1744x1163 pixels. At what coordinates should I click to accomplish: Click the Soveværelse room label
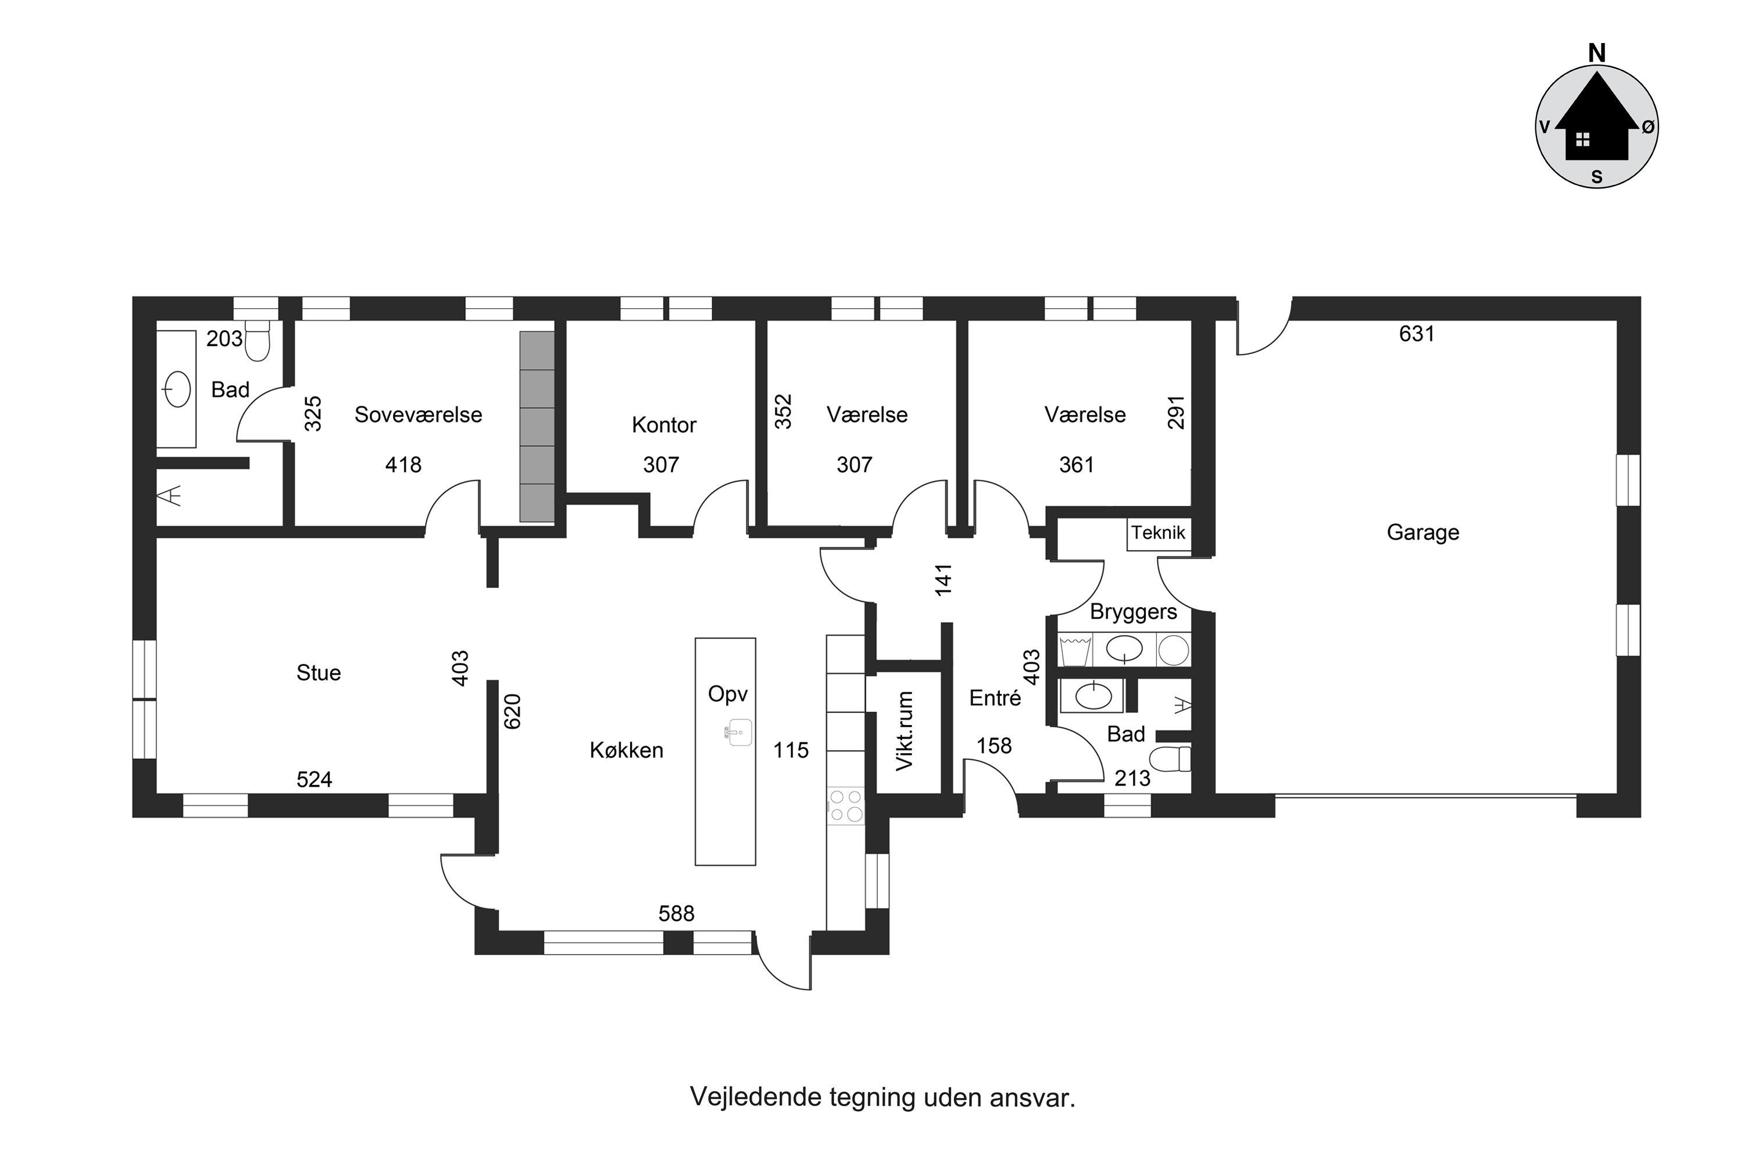click(x=418, y=415)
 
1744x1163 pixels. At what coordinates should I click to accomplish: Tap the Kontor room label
click(x=664, y=425)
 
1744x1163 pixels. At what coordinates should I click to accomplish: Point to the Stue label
click(x=319, y=673)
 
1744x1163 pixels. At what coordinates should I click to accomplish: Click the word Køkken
click(x=627, y=750)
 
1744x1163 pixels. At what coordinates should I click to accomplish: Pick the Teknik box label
click(x=1158, y=533)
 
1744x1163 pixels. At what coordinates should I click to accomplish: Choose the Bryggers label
click(x=1134, y=612)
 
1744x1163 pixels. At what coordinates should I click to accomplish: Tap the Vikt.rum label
click(x=905, y=732)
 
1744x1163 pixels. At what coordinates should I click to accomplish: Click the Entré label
click(x=995, y=698)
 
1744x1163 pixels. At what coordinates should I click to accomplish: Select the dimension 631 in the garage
click(x=1417, y=334)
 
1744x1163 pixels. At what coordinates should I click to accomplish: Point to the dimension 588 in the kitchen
click(x=676, y=914)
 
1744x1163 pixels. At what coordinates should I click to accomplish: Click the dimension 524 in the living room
click(x=315, y=780)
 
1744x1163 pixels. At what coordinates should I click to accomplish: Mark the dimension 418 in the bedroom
click(x=403, y=465)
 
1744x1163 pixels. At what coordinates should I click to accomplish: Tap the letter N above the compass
click(x=1597, y=53)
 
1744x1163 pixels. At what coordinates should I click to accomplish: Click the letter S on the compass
click(x=1597, y=177)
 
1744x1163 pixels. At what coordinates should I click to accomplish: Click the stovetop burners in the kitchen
click(x=846, y=805)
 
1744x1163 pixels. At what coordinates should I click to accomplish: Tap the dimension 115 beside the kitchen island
click(x=791, y=750)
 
